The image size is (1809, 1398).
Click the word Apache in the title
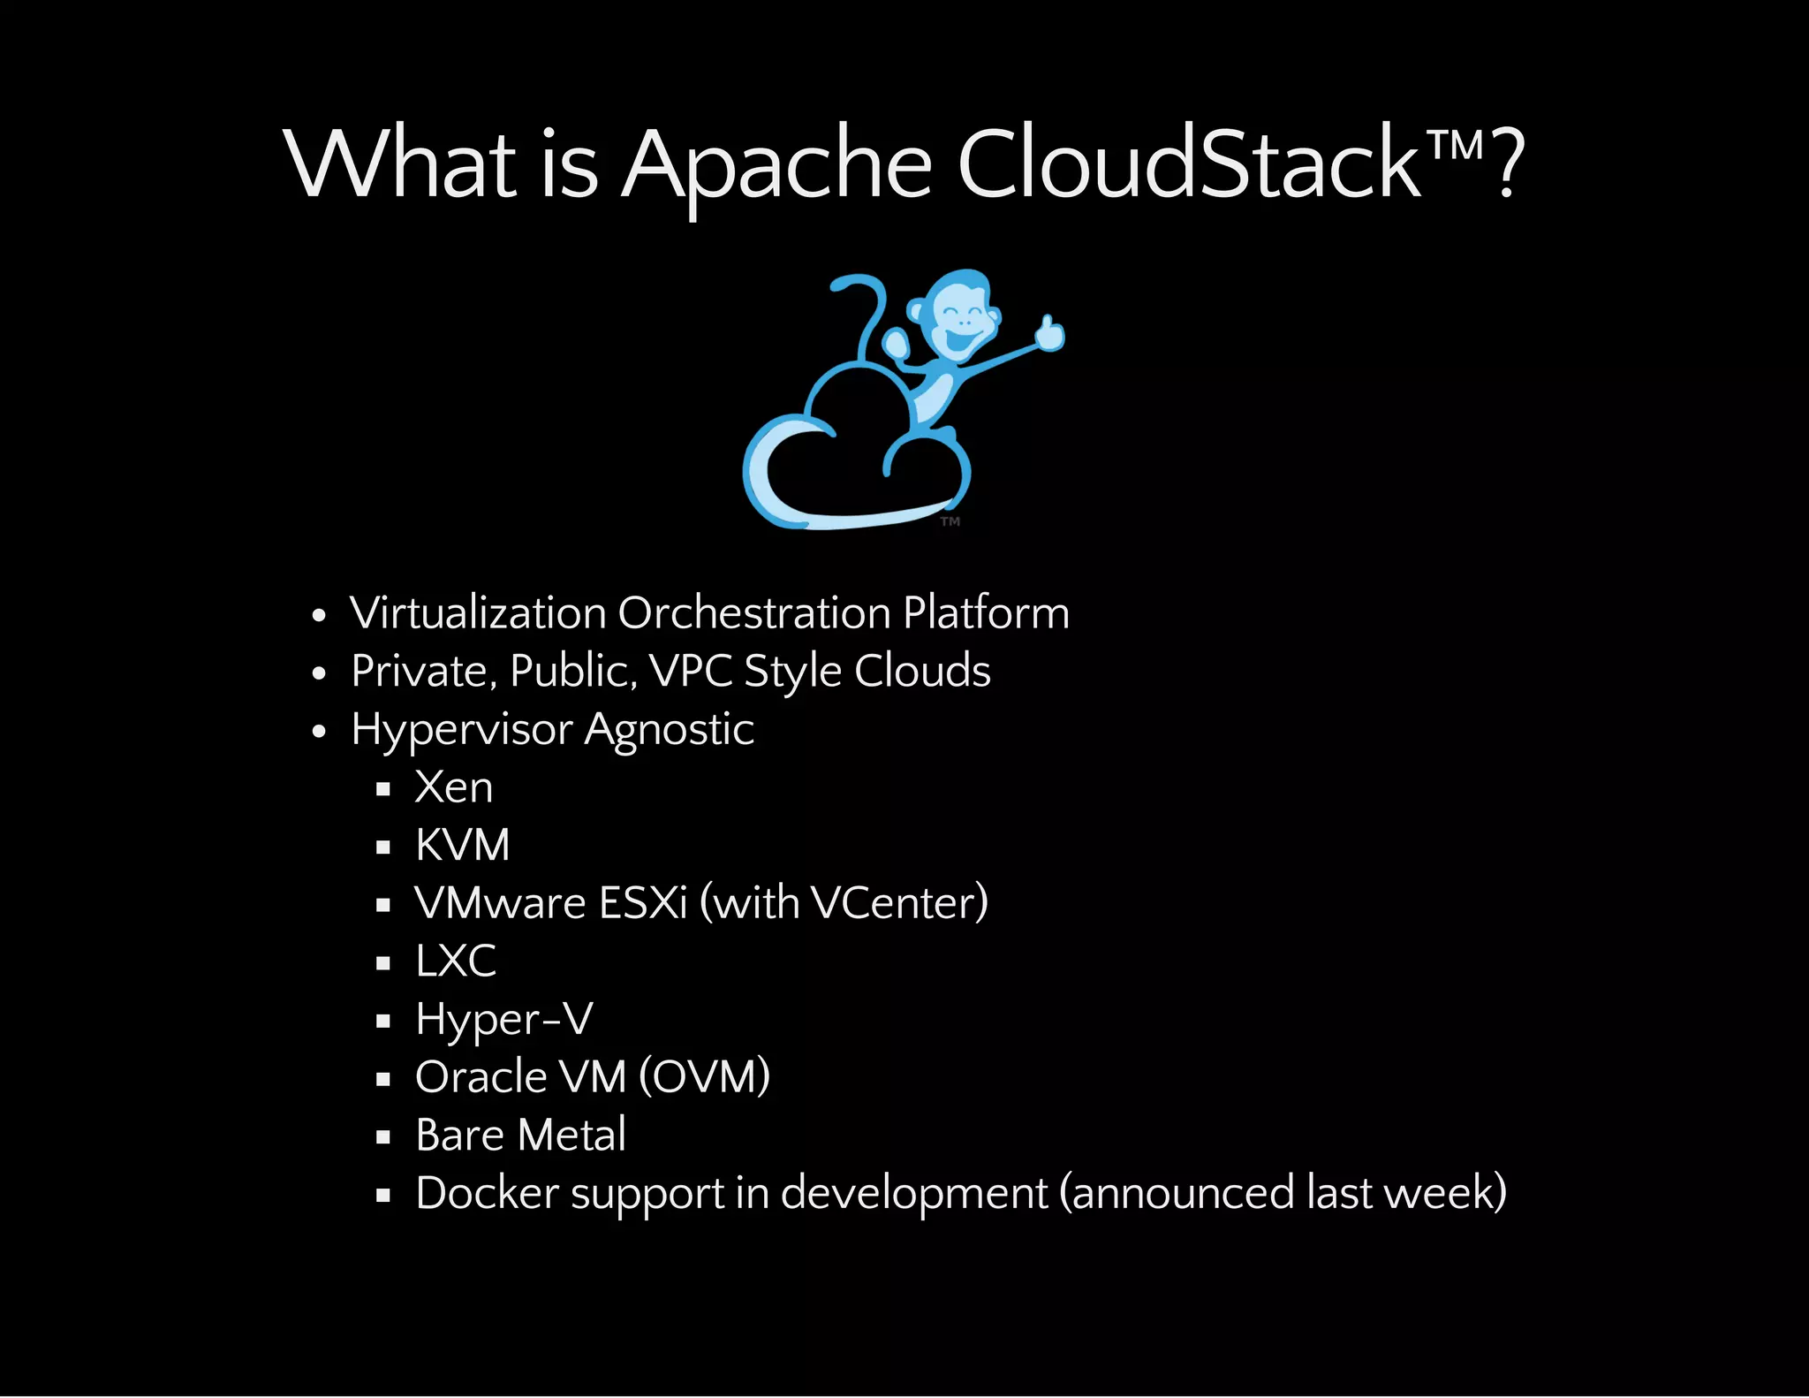click(776, 165)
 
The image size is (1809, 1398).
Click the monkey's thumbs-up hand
click(1050, 333)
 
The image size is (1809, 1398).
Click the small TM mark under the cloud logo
click(950, 521)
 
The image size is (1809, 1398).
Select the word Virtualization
click(478, 612)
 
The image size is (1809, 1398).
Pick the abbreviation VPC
click(691, 671)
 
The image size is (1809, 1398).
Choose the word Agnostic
click(669, 730)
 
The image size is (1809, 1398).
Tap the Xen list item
click(454, 786)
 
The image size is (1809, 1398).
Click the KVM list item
click(463, 845)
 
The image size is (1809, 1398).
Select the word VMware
click(501, 903)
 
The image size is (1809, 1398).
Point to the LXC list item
click(456, 961)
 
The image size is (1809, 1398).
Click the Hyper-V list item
click(503, 1019)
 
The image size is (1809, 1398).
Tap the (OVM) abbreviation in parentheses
click(704, 1076)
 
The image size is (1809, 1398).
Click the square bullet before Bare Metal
click(382, 1137)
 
